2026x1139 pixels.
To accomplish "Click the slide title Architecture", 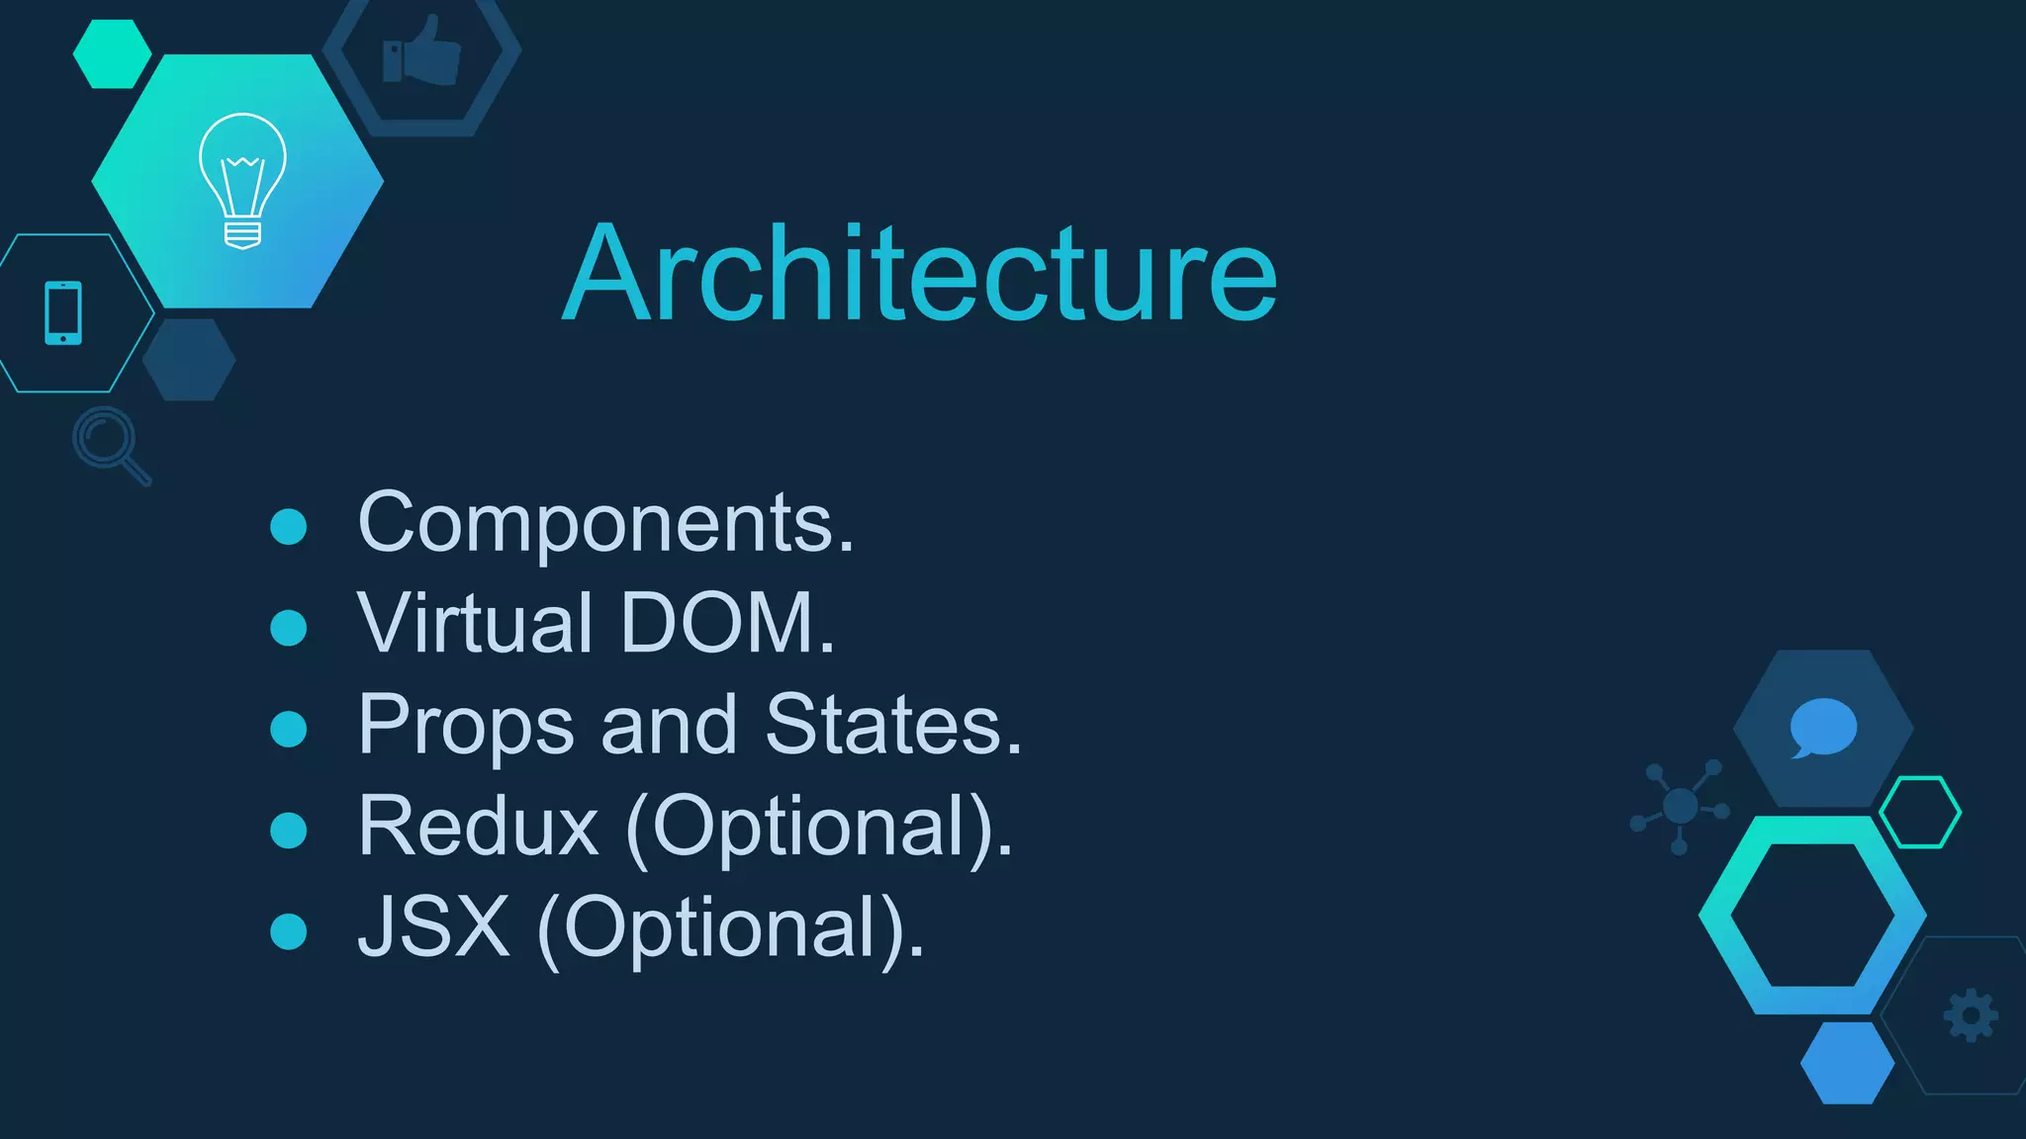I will (920, 274).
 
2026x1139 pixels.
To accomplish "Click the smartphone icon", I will (63, 313).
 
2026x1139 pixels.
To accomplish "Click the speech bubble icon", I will (1822, 728).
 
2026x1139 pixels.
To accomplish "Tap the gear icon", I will (1971, 1015).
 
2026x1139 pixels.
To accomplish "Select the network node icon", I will (1680, 807).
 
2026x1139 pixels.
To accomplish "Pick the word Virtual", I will (475, 624).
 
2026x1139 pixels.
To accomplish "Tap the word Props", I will (465, 727).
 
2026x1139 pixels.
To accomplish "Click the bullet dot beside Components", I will (289, 526).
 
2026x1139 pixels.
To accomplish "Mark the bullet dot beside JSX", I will (289, 931).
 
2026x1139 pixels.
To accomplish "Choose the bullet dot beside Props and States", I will (289, 729).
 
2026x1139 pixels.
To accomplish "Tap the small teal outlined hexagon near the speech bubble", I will (1919, 812).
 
